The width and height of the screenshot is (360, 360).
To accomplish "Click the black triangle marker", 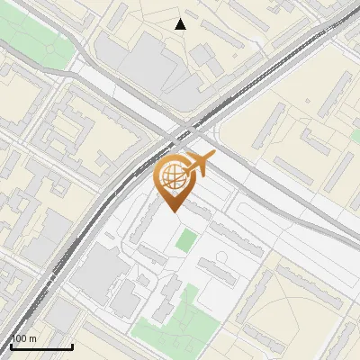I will pos(181,24).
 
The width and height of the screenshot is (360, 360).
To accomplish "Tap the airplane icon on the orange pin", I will pos(199,165).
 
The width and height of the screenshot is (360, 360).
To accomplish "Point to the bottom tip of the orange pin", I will pos(172,211).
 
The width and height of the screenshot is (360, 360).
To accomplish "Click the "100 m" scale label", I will pos(24,338).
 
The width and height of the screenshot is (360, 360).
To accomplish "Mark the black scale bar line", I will pos(41,346).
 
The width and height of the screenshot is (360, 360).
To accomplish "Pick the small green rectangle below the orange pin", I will pos(185,240).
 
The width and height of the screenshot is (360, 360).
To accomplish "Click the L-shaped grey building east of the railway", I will pos(315,144).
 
